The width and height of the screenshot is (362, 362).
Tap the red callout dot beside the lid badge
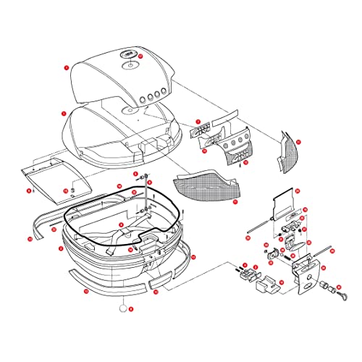point(142,55)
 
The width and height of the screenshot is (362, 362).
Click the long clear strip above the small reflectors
point(218,113)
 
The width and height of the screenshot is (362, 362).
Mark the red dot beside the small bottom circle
point(132,308)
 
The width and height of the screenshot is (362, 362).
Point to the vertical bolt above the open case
point(148,195)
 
